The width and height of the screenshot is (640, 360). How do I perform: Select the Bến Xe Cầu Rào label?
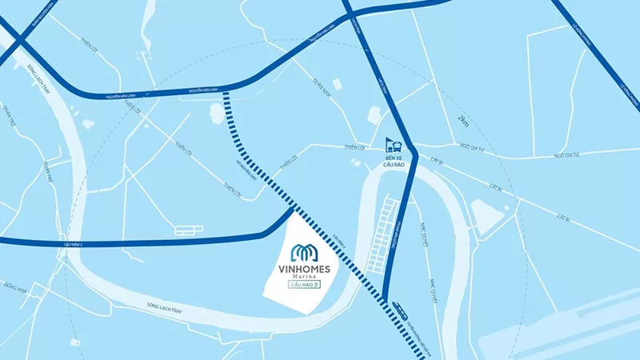click(393, 164)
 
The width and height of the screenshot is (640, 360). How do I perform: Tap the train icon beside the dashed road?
click(398, 307)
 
